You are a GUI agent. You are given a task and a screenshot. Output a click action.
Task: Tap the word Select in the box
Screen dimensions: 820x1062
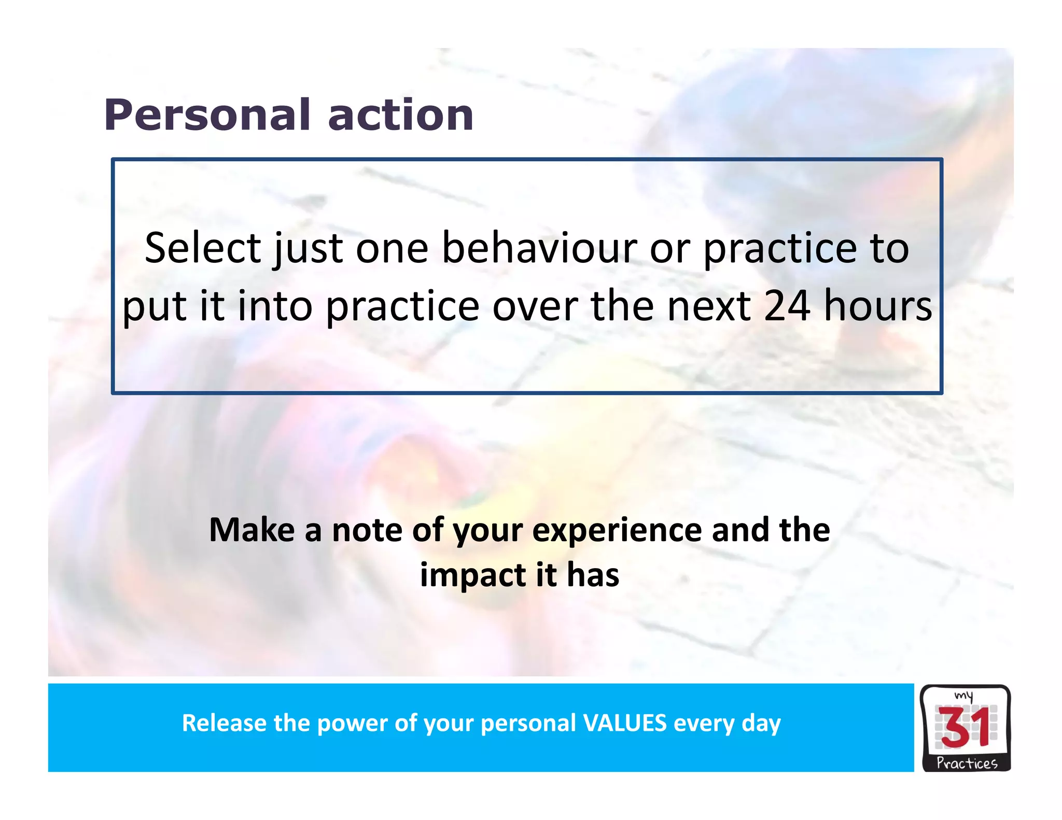(202, 248)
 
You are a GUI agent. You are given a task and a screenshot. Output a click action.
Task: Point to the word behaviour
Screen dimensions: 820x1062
(539, 248)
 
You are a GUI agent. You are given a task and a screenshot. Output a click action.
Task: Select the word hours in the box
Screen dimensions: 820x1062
(877, 306)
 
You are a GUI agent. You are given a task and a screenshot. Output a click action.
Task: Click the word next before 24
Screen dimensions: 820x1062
(708, 306)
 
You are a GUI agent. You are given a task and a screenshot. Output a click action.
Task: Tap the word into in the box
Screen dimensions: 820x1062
(275, 306)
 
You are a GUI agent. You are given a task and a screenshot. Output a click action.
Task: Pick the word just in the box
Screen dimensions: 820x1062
(308, 248)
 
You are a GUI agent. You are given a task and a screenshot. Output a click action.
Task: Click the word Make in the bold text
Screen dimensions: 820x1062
(252, 530)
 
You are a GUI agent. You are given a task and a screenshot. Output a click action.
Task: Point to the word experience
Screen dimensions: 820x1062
(617, 530)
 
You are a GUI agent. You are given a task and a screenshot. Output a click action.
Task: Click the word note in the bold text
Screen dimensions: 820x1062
(367, 530)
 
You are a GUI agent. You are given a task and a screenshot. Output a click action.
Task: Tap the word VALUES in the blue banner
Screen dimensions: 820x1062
(625, 723)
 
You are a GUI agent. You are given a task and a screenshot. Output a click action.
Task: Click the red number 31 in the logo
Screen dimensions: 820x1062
(965, 729)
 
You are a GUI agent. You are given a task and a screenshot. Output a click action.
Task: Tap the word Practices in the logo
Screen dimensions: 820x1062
(967, 763)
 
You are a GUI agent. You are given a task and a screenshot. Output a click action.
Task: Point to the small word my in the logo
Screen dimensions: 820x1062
(963, 696)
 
